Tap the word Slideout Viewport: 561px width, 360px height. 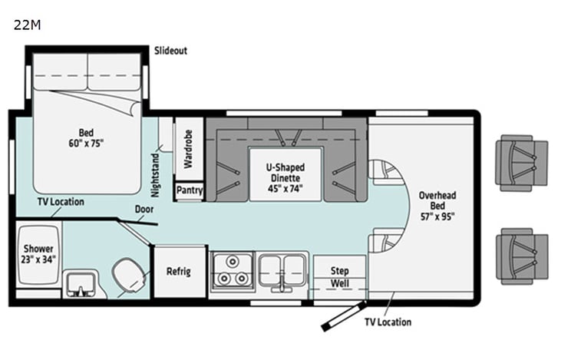pyautogui.click(x=170, y=51)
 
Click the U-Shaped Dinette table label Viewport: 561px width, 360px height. pyautogui.click(x=285, y=177)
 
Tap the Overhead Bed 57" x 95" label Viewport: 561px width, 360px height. pyautogui.click(x=437, y=205)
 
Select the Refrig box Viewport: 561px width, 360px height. pyautogui.click(x=179, y=272)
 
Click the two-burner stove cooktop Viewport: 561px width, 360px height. pyautogui.click(x=231, y=272)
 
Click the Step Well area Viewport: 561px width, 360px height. pyautogui.click(x=339, y=276)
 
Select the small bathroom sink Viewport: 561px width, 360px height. pyautogui.click(x=81, y=284)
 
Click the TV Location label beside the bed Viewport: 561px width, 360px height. pyautogui.click(x=61, y=202)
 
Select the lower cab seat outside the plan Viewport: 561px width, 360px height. pyautogui.click(x=522, y=256)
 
